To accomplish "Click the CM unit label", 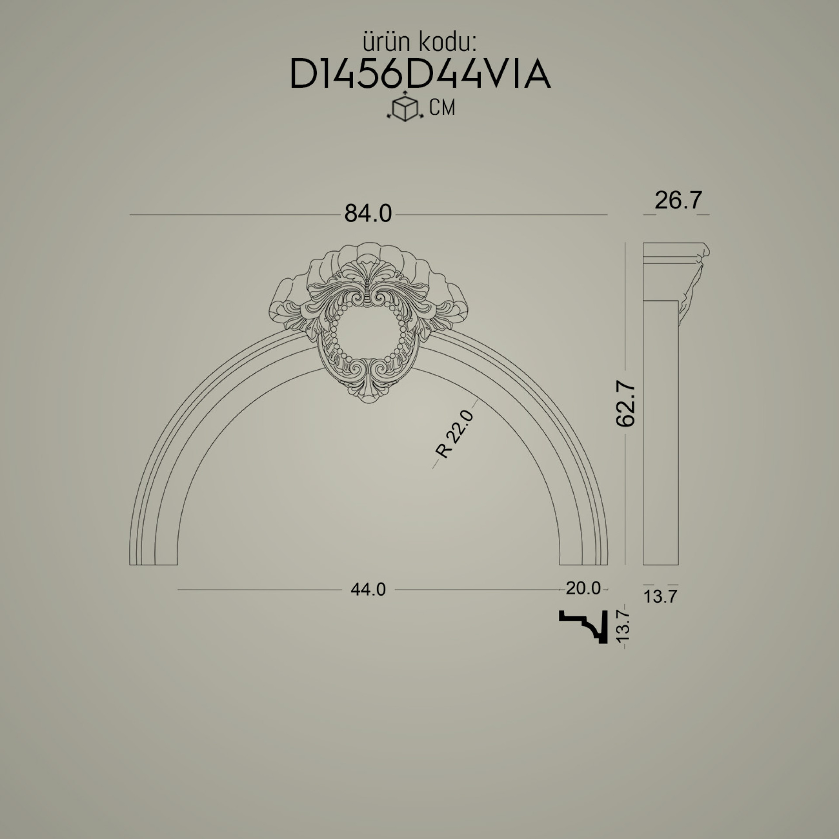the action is pyautogui.click(x=442, y=107).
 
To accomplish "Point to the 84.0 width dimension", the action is pyautogui.click(x=368, y=214).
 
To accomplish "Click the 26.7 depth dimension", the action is pyautogui.click(x=678, y=201).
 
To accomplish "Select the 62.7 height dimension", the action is pyautogui.click(x=625, y=403).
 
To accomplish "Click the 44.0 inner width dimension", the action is pyautogui.click(x=368, y=589).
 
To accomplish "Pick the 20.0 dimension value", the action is pyautogui.click(x=583, y=589).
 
